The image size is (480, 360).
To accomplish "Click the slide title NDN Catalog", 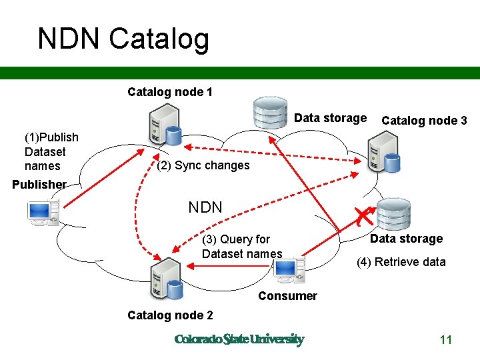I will (123, 39).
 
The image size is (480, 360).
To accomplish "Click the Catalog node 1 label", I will (170, 92).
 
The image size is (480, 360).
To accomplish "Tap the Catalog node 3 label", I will (424, 121).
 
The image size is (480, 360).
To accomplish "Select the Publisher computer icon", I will (42, 213).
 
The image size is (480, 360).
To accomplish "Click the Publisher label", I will (39, 185).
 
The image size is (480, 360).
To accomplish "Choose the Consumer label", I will (287, 296).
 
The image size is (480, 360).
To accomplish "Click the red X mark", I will (363, 215).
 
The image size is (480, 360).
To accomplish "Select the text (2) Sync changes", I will (203, 165).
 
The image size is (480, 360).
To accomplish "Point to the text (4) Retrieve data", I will (401, 262).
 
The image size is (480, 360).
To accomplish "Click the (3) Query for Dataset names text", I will (241, 246).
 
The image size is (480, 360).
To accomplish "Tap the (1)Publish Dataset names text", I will (51, 151).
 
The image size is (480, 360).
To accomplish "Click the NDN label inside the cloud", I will (205, 207).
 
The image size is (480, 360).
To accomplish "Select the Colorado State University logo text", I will (239, 339).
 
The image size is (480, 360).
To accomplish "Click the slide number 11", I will (446, 340).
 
